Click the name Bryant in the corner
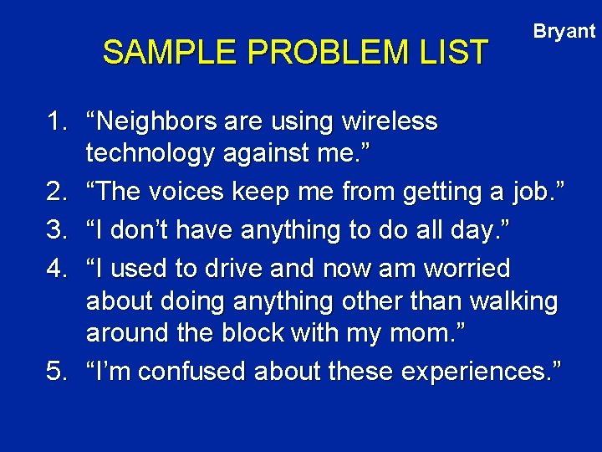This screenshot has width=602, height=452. pyautogui.click(x=564, y=32)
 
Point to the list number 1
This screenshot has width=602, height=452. pyautogui.click(x=55, y=122)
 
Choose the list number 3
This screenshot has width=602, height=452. pyautogui.click(x=55, y=229)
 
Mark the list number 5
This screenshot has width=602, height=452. pyautogui.click(x=55, y=371)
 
